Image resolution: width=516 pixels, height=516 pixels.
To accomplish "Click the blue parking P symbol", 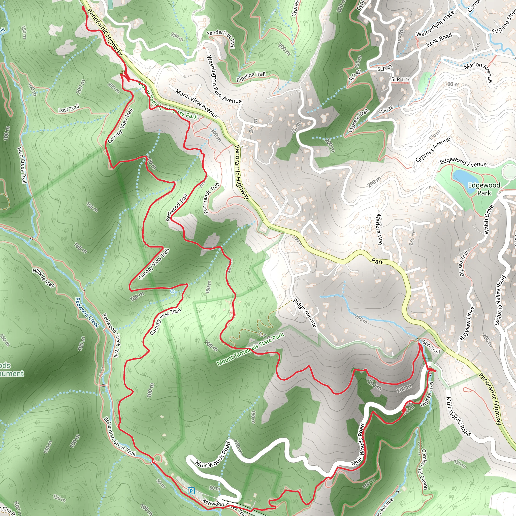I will pyautogui.click(x=191, y=491).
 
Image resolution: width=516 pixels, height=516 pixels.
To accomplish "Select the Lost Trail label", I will pyautogui.click(x=69, y=109).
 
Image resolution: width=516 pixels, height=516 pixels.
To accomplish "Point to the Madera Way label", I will pyautogui.click(x=379, y=230).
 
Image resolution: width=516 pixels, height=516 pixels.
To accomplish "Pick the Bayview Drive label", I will pyautogui.click(x=467, y=323).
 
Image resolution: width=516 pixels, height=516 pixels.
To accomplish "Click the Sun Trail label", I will pyautogui.click(x=431, y=347).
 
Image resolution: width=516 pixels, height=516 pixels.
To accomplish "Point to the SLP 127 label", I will pyautogui.click(x=400, y=79).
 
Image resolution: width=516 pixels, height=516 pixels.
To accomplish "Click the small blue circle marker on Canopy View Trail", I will pyautogui.click(x=173, y=292).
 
